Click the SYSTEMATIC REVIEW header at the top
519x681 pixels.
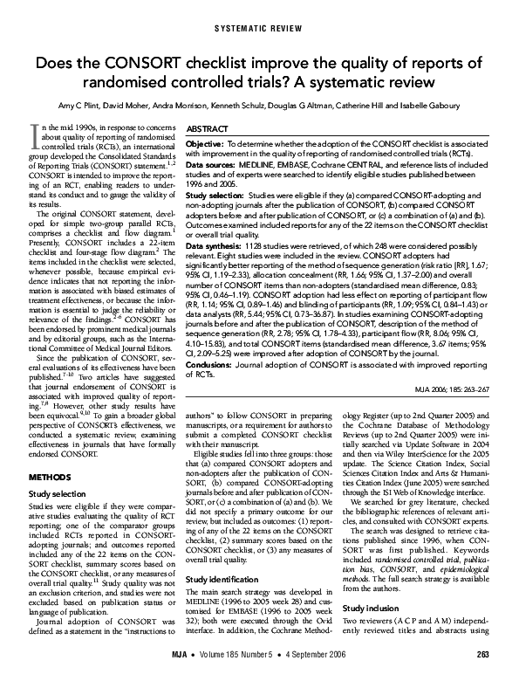click(x=260, y=29)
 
